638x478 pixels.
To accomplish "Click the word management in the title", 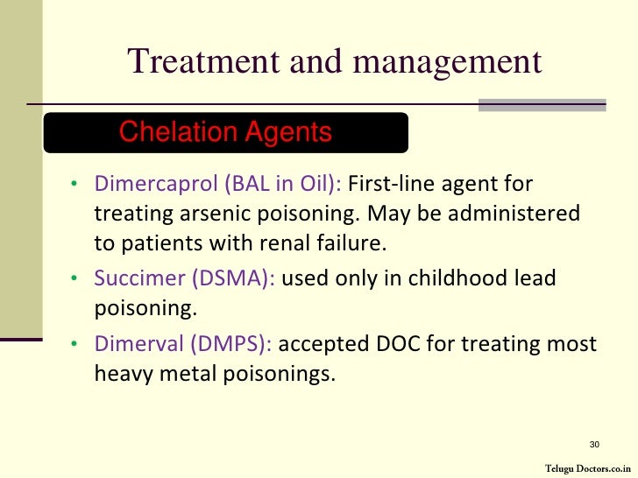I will coord(447,61).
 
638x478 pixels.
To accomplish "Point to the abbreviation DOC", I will coord(397,344).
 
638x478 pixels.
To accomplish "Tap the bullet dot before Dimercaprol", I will coord(75,186).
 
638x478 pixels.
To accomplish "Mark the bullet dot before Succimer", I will coord(75,280).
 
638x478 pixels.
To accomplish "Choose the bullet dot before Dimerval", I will coord(75,345).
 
